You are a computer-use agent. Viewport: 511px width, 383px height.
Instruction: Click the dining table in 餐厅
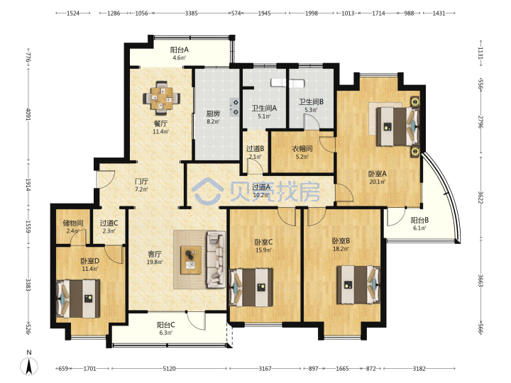coord(161,98)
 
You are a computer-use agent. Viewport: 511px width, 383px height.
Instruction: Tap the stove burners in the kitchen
coord(234,108)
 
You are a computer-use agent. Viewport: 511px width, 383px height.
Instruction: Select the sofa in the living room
coord(216,260)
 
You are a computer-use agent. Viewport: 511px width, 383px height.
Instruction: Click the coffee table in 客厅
coord(191,260)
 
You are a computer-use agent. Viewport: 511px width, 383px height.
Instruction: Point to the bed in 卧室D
coord(78,299)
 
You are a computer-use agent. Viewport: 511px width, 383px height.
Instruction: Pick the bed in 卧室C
coord(251,287)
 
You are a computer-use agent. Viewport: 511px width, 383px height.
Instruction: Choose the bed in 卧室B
coord(358,285)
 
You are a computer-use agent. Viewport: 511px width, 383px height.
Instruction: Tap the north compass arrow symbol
coord(29,365)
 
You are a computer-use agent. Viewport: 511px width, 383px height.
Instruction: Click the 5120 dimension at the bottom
coord(169,369)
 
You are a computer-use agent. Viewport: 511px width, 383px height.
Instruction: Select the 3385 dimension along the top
coord(192,13)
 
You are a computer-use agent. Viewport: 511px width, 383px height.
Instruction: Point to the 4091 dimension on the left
coord(28,114)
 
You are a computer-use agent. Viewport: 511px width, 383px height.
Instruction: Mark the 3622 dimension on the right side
coord(480,197)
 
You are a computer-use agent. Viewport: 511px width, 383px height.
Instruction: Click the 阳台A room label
coord(180,50)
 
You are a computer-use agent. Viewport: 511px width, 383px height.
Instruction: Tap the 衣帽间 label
coord(302,149)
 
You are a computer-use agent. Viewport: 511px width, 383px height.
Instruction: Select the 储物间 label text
coord(73,223)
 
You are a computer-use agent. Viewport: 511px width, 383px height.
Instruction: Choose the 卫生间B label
coord(312,101)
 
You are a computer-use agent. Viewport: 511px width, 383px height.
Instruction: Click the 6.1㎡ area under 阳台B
coord(419,228)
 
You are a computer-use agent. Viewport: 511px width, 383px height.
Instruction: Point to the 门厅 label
coord(142,181)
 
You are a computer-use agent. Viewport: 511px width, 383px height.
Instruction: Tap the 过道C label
coord(109,223)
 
